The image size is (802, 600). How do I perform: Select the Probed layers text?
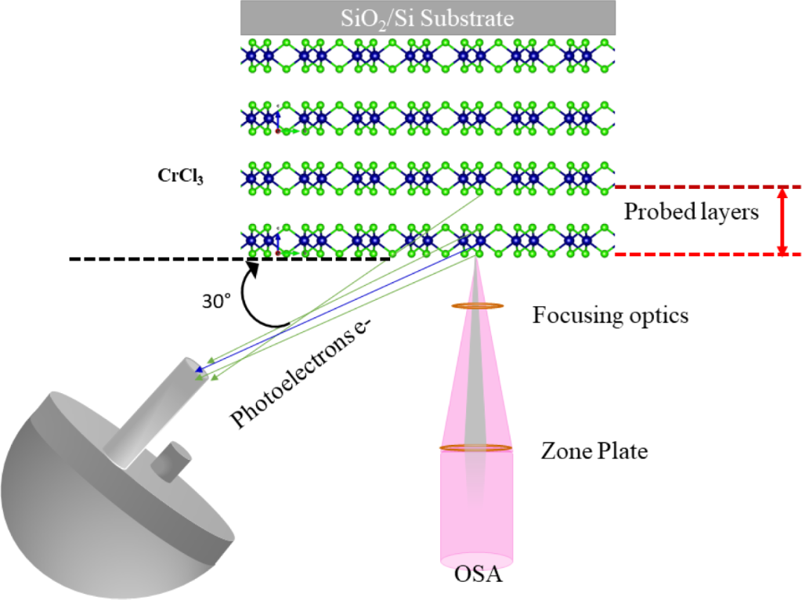click(x=691, y=212)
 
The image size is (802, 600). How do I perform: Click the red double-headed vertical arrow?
click(x=781, y=221)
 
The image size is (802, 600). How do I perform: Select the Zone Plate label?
click(x=594, y=452)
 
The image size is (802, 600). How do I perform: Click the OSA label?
click(x=477, y=577)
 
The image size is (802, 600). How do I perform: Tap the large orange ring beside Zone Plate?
click(x=476, y=448)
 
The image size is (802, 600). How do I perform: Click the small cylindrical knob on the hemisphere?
click(x=172, y=461)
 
